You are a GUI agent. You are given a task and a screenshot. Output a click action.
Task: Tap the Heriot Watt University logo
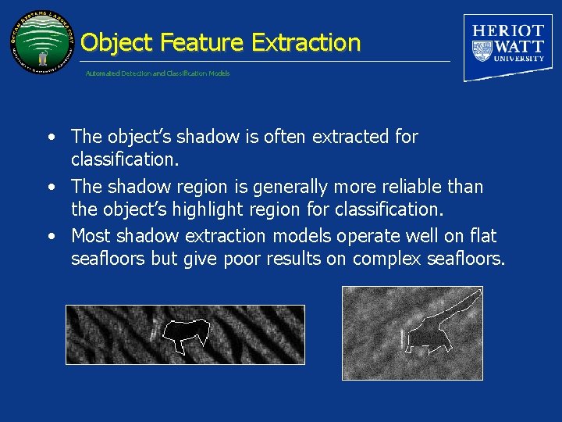click(508, 46)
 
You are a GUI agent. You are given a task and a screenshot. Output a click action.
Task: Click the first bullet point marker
click(50, 138)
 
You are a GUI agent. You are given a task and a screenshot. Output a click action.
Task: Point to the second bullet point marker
click(50, 188)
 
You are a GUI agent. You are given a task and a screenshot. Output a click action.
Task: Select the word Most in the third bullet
click(91, 236)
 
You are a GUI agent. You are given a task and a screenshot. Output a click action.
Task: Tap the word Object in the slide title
click(117, 42)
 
